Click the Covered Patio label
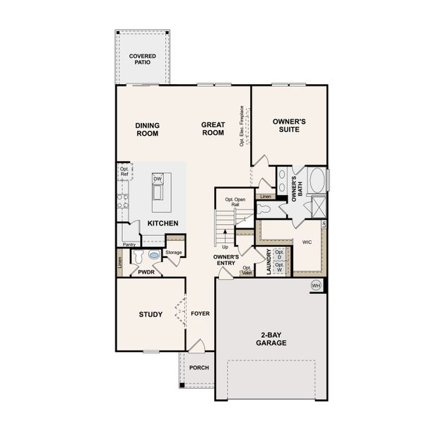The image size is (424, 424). pyautogui.click(x=143, y=59)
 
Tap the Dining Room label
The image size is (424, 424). pyautogui.click(x=148, y=129)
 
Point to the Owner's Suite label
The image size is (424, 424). pyautogui.click(x=289, y=125)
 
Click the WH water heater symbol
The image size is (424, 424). pyautogui.click(x=317, y=285)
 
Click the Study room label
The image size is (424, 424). pyautogui.click(x=151, y=314)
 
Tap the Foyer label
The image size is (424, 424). pyautogui.click(x=201, y=314)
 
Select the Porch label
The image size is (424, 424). pyautogui.click(x=199, y=368)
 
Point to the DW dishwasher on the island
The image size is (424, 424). pyautogui.click(x=158, y=179)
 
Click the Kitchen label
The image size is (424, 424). pyautogui.click(x=162, y=223)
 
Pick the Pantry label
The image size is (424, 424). pyautogui.click(x=129, y=245)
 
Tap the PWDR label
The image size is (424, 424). pyautogui.click(x=146, y=271)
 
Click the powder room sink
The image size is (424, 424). pyautogui.click(x=154, y=257)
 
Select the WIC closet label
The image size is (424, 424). pyautogui.click(x=306, y=242)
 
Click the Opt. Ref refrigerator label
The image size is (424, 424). pyautogui.click(x=124, y=172)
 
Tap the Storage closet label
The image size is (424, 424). pyautogui.click(x=174, y=252)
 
